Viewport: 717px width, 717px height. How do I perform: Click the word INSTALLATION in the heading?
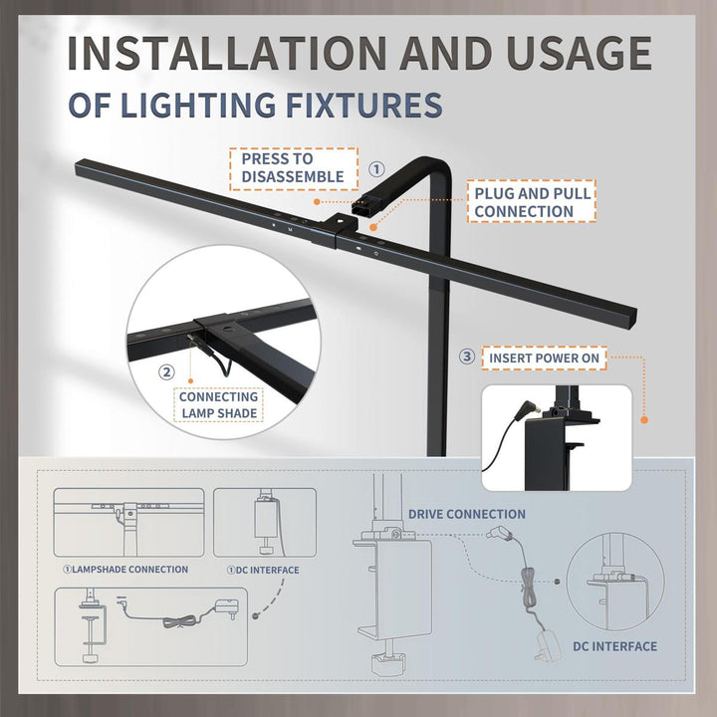(227, 53)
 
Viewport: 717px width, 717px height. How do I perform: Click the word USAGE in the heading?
(579, 53)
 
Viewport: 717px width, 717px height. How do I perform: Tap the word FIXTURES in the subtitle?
(364, 105)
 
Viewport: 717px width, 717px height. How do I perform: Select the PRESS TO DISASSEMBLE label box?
(294, 168)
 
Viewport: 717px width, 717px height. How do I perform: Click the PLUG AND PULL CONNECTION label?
(532, 201)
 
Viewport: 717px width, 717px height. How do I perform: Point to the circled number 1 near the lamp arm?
(376, 169)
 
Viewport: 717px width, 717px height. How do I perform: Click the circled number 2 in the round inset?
(166, 372)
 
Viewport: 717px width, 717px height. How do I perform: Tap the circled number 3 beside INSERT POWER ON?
(466, 357)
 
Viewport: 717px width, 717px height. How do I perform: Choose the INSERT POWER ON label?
(544, 358)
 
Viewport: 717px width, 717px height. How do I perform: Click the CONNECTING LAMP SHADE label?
(218, 404)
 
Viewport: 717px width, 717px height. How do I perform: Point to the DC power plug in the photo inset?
(527, 409)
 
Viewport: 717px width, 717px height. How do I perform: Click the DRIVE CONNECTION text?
(466, 514)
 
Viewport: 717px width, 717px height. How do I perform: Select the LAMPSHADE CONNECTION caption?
(125, 570)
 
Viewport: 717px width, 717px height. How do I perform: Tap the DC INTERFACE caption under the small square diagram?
(263, 570)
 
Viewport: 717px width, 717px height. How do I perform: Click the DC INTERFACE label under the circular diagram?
(614, 646)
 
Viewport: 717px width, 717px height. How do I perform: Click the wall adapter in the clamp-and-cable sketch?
(227, 608)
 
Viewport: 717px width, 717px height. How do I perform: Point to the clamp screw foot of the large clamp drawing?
(387, 663)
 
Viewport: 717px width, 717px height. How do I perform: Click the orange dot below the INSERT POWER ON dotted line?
(644, 420)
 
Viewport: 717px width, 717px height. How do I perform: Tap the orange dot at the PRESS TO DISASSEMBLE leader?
(317, 201)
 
